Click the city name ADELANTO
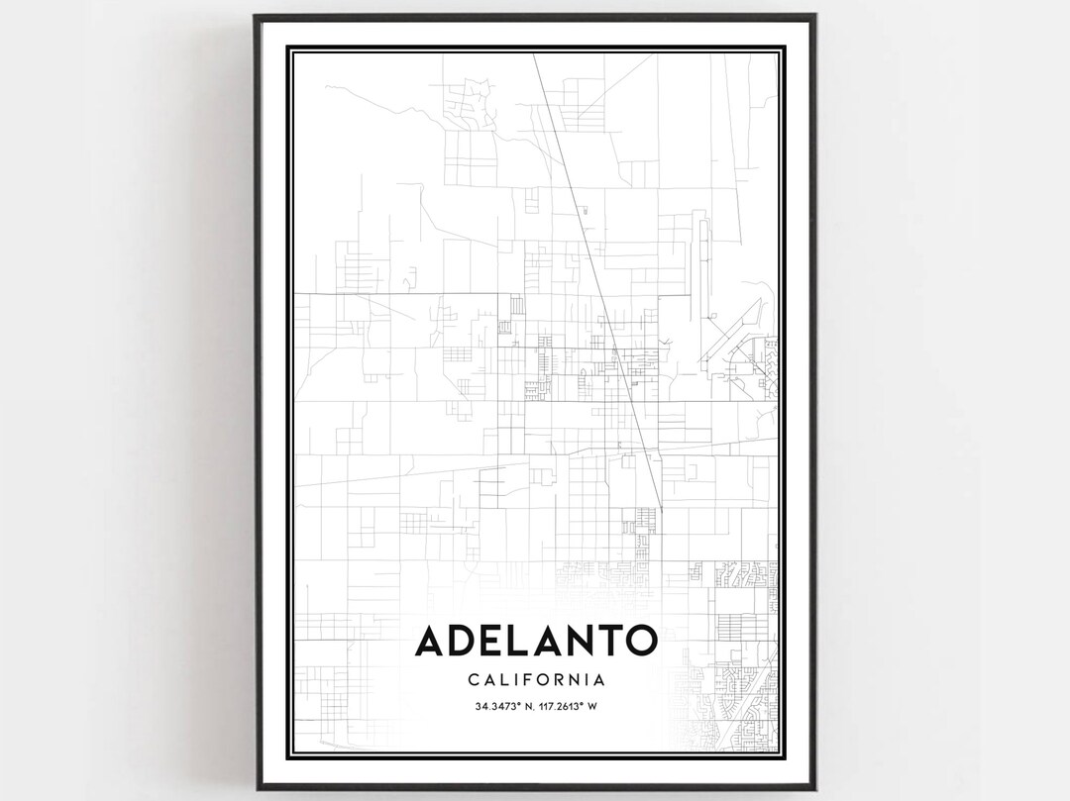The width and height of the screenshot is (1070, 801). (535, 641)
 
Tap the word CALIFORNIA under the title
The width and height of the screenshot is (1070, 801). (535, 680)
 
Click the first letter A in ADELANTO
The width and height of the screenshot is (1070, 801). (432, 641)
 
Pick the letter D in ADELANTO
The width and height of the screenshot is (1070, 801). (466, 641)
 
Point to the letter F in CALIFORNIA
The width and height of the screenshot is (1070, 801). (525, 680)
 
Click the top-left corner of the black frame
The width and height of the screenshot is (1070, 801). (256, 16)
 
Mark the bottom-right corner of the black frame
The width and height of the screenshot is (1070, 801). (814, 782)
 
